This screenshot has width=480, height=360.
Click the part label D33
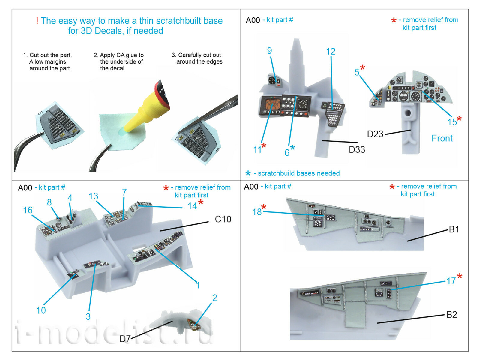357,149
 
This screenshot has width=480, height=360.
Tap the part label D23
375,134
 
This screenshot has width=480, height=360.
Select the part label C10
223,219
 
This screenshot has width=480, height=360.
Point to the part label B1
454,229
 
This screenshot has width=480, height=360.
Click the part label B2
451,315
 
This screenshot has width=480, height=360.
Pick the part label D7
125,339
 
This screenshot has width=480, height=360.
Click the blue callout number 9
269,51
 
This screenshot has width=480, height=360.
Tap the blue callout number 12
331,52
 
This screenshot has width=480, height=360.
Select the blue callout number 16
28,210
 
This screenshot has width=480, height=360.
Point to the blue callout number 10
41,310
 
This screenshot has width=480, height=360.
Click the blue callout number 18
257,212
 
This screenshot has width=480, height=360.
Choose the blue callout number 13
93,196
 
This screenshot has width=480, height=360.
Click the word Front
442,138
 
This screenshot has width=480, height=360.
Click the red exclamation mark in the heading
37,21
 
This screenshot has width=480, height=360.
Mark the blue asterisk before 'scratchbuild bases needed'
248,173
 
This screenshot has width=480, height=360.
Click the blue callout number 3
88,316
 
